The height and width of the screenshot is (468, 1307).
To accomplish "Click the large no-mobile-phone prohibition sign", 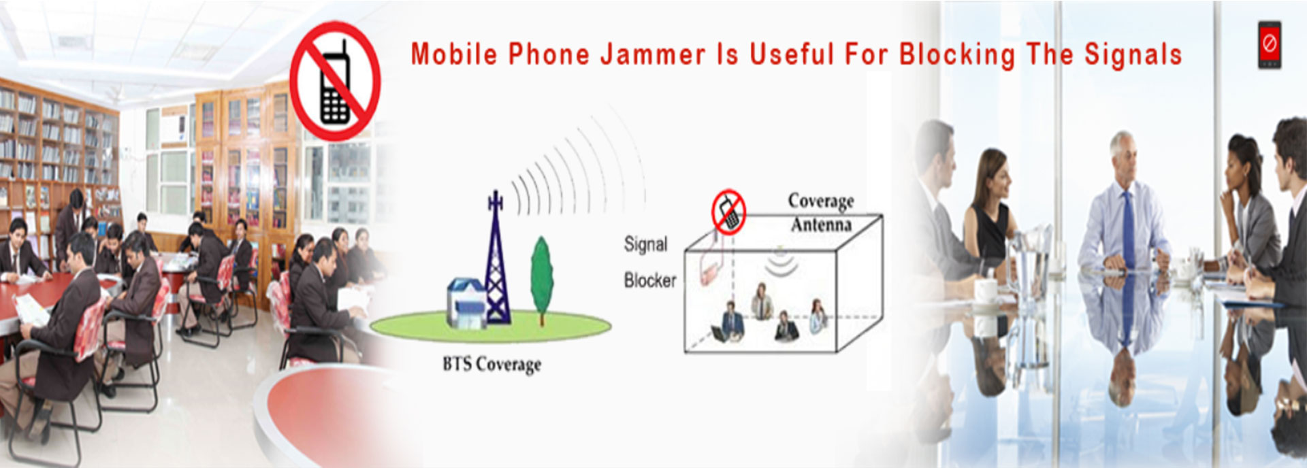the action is pyautogui.click(x=335, y=81).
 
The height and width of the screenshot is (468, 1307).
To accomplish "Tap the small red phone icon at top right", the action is pyautogui.click(x=1269, y=45).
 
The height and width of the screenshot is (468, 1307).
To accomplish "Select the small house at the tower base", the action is pyautogui.click(x=466, y=302).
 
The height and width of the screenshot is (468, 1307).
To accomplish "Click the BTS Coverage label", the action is pyautogui.click(x=491, y=365).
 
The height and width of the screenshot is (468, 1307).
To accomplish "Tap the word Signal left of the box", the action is pyautogui.click(x=645, y=244).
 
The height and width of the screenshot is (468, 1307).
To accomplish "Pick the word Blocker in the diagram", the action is pyautogui.click(x=650, y=280).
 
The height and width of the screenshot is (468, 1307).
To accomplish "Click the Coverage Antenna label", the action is pyautogui.click(x=821, y=212).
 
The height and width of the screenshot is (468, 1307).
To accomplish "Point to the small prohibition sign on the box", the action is pyautogui.click(x=728, y=212).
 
